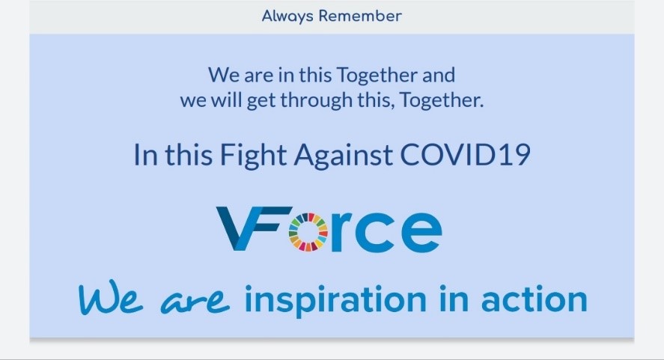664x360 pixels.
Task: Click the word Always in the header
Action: pos(287,16)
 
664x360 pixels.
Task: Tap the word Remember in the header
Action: pos(360,16)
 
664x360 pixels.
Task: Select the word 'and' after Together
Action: pos(438,75)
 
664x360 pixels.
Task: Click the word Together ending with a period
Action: pos(441,100)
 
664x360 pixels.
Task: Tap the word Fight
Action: pos(253,155)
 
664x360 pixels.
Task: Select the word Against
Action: pos(343,155)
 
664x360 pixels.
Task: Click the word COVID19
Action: pos(465,155)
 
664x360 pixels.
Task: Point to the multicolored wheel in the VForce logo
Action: pos(308,232)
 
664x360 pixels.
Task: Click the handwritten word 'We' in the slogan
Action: pos(111,297)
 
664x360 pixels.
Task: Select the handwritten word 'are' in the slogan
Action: pos(195,301)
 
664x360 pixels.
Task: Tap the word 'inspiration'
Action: pos(336,300)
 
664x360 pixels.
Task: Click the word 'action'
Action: pos(534,299)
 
